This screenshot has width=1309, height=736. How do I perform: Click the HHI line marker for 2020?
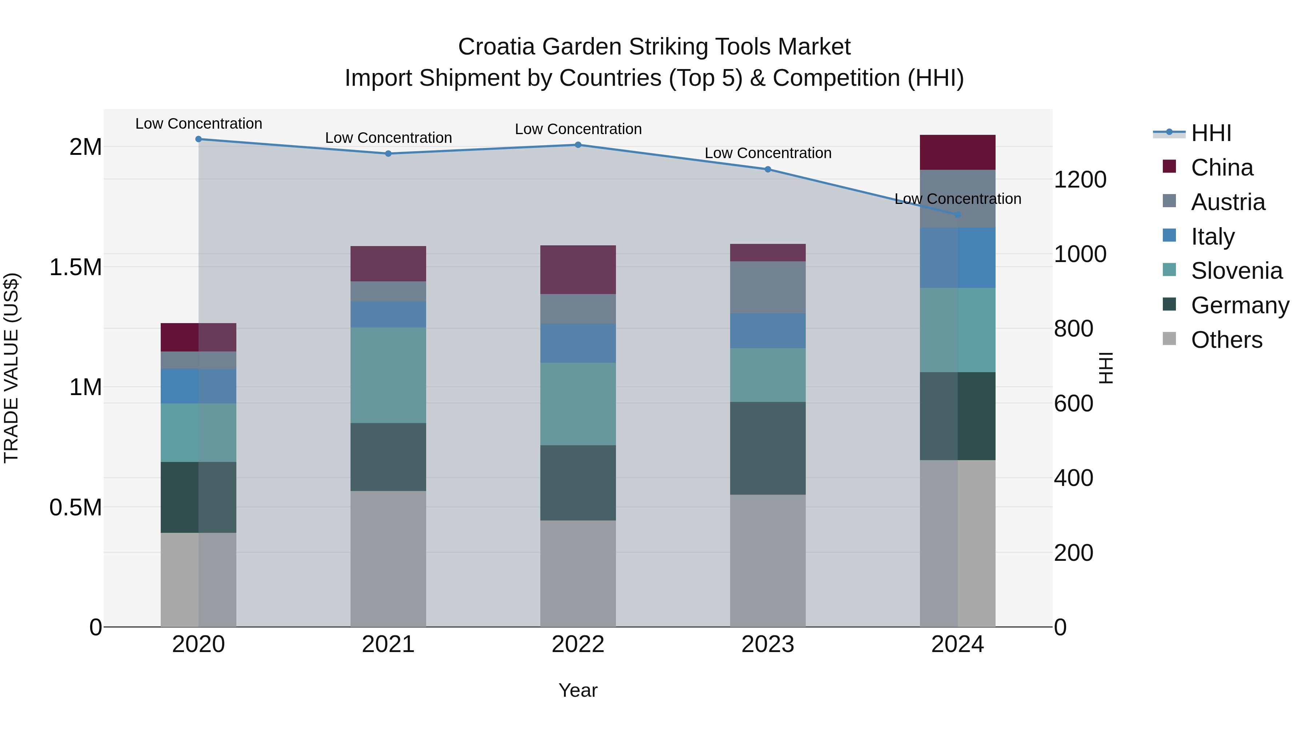point(199,139)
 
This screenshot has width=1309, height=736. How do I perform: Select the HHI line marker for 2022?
point(578,145)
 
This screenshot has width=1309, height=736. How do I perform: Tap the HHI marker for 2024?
point(958,215)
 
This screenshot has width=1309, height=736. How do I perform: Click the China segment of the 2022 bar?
point(578,270)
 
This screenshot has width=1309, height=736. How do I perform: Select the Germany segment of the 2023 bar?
point(768,448)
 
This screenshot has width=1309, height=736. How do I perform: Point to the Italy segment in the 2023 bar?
point(768,331)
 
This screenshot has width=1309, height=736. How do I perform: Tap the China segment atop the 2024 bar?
point(958,152)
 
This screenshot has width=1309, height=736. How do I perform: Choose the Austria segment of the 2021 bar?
point(388,291)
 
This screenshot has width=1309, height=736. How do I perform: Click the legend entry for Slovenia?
point(1236,271)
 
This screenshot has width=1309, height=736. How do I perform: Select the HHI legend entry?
point(1211,133)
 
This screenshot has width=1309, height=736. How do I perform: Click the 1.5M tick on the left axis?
point(75,267)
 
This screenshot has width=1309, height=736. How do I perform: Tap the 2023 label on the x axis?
point(768,644)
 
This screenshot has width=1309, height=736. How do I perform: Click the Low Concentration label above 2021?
point(388,138)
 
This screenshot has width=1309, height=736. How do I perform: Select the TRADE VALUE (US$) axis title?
point(11,368)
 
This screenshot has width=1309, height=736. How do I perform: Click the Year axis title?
point(578,690)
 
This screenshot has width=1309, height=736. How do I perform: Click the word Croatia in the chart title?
point(496,47)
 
